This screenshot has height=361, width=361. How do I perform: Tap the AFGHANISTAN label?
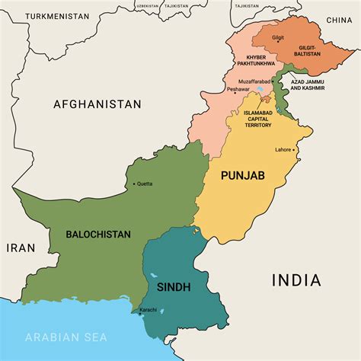point(97,104)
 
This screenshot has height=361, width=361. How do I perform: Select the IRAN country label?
point(21,248)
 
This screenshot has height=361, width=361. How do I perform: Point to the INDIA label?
point(296,280)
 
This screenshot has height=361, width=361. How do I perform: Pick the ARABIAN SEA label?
point(66,337)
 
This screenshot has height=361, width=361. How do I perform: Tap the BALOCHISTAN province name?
point(98,235)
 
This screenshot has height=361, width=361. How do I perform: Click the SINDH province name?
point(174,286)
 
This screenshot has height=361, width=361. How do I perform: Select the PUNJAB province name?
point(242,176)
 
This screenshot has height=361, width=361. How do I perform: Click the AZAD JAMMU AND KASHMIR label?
point(307,85)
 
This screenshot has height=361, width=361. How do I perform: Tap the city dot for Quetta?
point(134,184)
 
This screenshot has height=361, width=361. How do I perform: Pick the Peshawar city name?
point(238,89)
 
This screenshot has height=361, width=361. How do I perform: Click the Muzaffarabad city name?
point(254,80)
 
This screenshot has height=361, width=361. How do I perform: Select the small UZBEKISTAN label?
point(148,5)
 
